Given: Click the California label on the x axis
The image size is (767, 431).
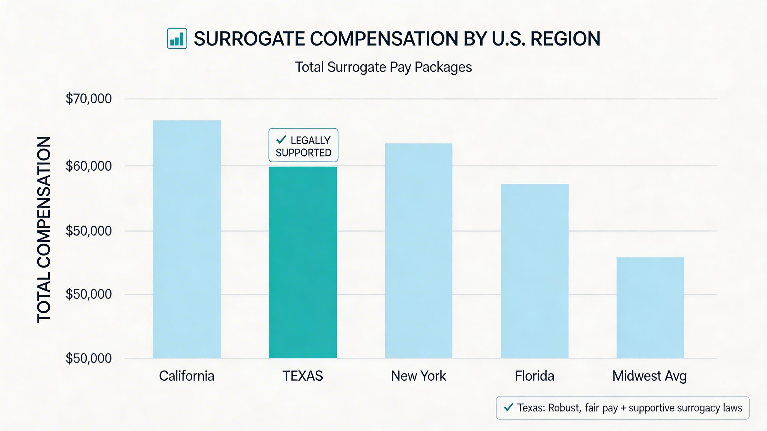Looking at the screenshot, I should click(x=187, y=376).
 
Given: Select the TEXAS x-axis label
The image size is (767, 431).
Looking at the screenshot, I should click(x=303, y=376).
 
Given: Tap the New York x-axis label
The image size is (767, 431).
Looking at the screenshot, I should click(x=419, y=376).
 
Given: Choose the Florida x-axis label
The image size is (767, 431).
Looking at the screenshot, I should click(x=535, y=376).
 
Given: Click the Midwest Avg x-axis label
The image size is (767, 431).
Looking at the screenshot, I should click(x=650, y=376).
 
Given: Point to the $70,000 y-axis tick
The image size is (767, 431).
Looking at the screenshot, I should click(x=89, y=99).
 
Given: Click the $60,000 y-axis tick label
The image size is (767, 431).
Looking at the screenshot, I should click(x=89, y=166).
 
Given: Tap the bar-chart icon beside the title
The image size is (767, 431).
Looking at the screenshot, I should click(x=177, y=39).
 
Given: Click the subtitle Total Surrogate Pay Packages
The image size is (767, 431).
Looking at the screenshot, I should click(x=383, y=67).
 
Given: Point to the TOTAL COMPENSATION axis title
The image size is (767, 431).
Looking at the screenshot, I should click(x=44, y=229).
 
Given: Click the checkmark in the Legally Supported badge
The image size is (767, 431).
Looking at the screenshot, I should click(x=281, y=139).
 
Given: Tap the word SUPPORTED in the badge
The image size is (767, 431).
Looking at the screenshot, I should click(x=304, y=153).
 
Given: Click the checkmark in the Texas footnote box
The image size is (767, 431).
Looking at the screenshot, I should click(x=508, y=407).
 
